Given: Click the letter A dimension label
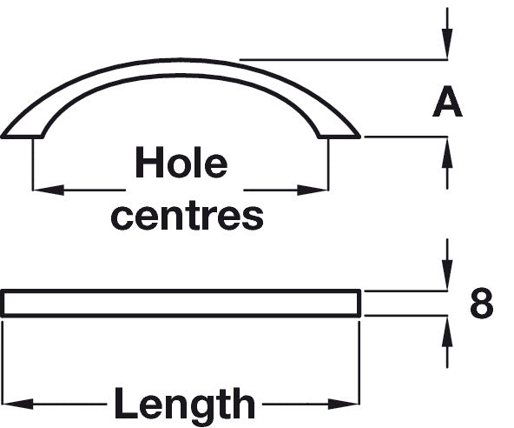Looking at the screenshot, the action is [x=447, y=102].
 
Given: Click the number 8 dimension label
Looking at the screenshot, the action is [x=481, y=303].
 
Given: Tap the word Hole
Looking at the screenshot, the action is [x=181, y=162].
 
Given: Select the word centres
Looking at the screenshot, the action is [x=188, y=217].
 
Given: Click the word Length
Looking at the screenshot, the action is [x=184, y=403].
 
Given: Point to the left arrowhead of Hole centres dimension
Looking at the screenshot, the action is [x=49, y=190].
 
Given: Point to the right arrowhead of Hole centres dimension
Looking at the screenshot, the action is [x=313, y=190].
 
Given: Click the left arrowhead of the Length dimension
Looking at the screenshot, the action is [x=18, y=404].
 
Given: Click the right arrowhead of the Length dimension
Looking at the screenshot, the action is [x=344, y=404].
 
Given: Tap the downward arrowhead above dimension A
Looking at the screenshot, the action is [x=447, y=44].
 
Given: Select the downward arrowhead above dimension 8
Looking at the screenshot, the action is [x=447, y=275].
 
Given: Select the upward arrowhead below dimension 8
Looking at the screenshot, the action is [x=447, y=331].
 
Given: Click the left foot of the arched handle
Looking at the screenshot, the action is [x=23, y=137].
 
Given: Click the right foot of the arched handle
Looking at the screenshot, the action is [x=339, y=137].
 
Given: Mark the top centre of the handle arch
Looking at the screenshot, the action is [x=181, y=60].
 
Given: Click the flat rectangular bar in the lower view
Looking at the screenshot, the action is [x=181, y=304].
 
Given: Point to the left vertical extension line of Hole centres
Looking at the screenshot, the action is [x=33, y=164].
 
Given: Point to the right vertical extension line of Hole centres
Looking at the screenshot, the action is [x=328, y=164].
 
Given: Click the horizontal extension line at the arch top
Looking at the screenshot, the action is [x=344, y=60].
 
